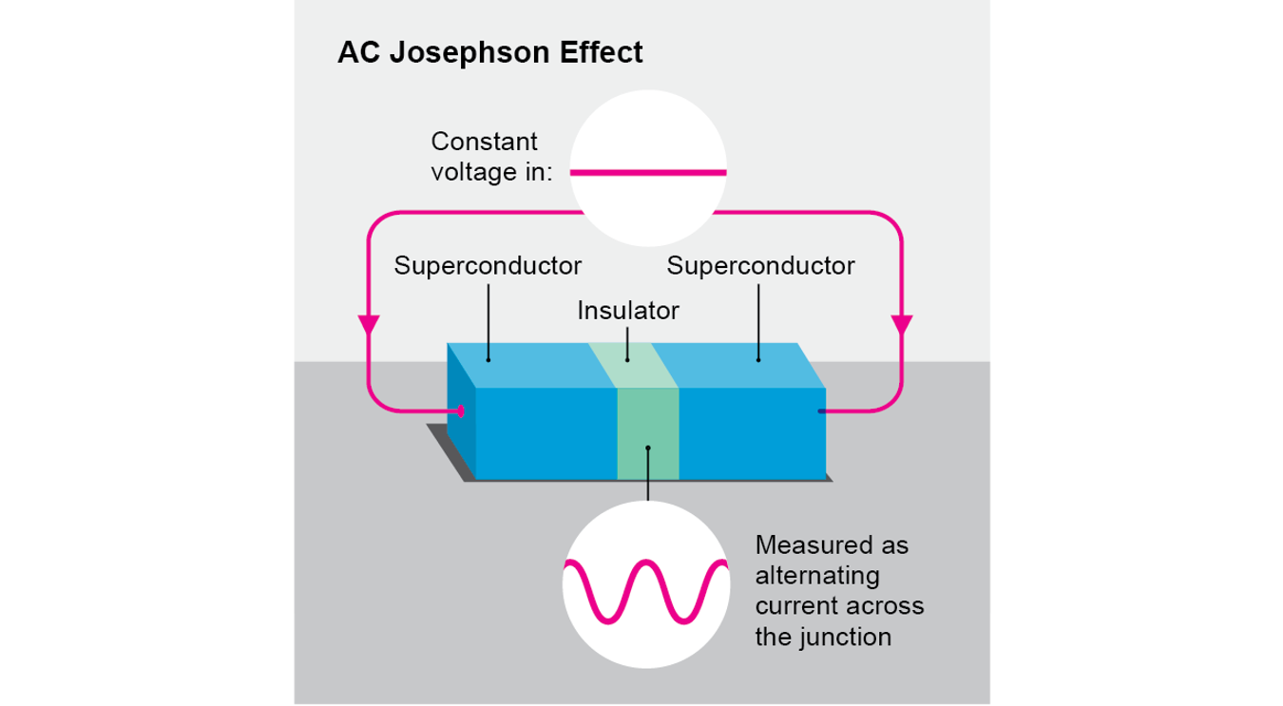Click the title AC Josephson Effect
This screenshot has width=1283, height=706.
pos(489,52)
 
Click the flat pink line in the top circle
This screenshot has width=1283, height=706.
pos(648,173)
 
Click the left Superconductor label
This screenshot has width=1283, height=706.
pos(488,265)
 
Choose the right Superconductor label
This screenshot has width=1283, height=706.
pos(760,265)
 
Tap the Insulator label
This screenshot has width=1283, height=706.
pos(628,311)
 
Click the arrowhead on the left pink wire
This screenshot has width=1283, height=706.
pos(368,324)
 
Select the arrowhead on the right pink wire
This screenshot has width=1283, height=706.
pos(901,324)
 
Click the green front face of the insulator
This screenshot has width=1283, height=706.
pos(647,433)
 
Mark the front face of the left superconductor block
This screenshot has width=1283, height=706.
pos(545,433)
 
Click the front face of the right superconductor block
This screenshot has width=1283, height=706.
pos(751,433)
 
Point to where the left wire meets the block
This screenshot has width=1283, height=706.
pos(461,411)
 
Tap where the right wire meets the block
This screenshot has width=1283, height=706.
pos(820,411)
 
